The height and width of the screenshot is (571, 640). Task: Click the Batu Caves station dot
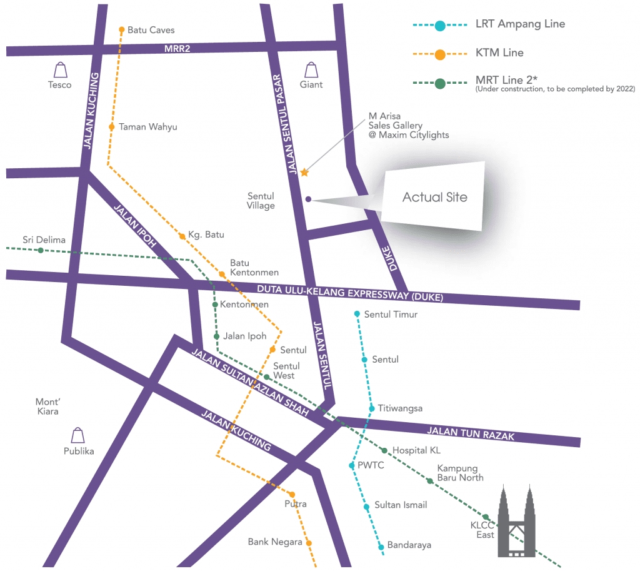coord(122,29)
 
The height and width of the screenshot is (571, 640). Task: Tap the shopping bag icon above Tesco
coord(60,69)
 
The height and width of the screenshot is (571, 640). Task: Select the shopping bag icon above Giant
coord(311,69)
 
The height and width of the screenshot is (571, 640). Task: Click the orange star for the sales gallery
coord(304,172)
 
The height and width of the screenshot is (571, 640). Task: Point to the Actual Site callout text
coord(434,197)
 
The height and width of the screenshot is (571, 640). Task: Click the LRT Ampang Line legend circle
coord(440,26)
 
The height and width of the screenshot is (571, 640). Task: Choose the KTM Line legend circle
coord(440,54)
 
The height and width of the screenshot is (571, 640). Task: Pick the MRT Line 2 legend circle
coord(440,83)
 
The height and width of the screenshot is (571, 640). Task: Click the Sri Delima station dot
coord(41,250)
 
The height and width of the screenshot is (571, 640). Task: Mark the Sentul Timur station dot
coord(357,314)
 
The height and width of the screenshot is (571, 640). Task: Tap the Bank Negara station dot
coord(309,543)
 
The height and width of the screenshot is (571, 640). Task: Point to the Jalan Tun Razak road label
coord(471,433)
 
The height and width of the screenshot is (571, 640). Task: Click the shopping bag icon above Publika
coord(78,435)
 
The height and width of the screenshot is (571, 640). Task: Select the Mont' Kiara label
coord(47,407)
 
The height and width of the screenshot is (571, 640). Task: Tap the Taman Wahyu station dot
coord(111,127)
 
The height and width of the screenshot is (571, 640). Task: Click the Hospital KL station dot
coord(385,450)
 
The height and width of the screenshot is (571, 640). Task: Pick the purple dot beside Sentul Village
coord(309,200)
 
